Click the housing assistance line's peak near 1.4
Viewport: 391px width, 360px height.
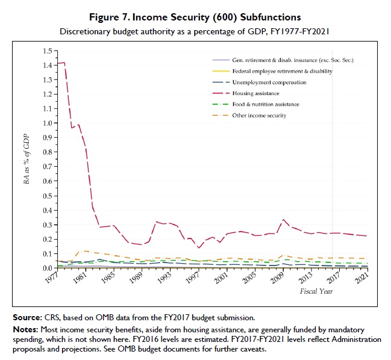(x=63, y=63)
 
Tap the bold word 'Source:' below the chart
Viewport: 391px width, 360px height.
(x=27, y=317)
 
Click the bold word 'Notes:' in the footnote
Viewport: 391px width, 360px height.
(x=25, y=329)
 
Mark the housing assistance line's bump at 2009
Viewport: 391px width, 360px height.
(x=284, y=220)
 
